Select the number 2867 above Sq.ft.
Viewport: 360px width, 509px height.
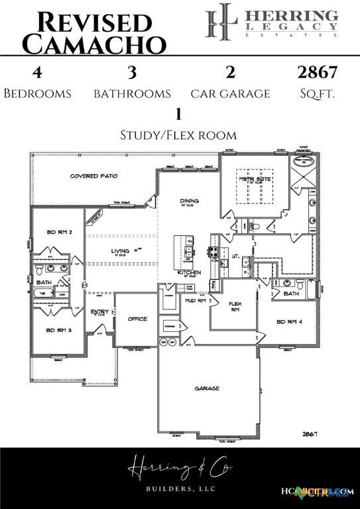(318, 72)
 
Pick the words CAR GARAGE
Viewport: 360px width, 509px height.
(230, 94)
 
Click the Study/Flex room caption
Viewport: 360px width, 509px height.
(178, 135)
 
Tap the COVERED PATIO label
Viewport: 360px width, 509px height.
(94, 176)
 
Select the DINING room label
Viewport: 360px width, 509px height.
(190, 201)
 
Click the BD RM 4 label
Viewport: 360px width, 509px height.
(289, 321)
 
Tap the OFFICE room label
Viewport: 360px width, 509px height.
(137, 319)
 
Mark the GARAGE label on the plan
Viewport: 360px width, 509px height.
(206, 388)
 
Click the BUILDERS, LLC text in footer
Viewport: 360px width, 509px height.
(181, 489)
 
